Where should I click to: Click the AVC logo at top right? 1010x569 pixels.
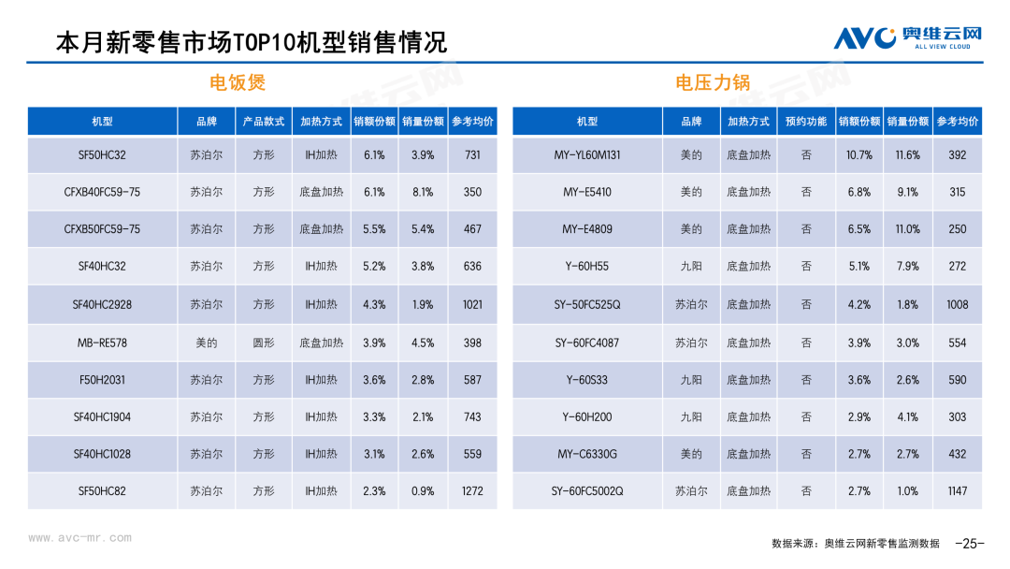(x=907, y=37)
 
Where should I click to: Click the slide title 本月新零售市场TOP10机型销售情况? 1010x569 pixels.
(x=252, y=42)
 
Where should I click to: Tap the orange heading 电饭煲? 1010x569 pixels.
(x=238, y=82)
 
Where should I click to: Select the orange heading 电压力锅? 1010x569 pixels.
(x=713, y=82)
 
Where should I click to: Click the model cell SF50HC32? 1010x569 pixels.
(x=102, y=155)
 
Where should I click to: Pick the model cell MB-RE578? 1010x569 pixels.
(x=102, y=343)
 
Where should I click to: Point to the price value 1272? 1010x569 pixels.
(x=472, y=490)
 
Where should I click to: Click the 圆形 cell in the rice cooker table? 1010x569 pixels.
(x=264, y=343)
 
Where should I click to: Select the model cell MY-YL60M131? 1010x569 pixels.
(x=587, y=155)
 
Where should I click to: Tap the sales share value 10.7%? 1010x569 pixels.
(x=859, y=155)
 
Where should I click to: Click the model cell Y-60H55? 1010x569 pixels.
(x=587, y=267)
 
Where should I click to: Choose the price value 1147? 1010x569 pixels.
(x=957, y=490)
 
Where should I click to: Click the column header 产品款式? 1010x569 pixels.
(x=264, y=122)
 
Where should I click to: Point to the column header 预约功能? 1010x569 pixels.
(x=806, y=122)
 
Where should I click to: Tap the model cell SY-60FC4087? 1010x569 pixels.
(x=587, y=343)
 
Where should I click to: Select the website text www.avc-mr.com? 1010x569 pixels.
(x=80, y=538)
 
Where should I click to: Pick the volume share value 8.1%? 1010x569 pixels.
(x=423, y=192)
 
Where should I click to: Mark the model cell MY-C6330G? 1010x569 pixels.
(x=587, y=454)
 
